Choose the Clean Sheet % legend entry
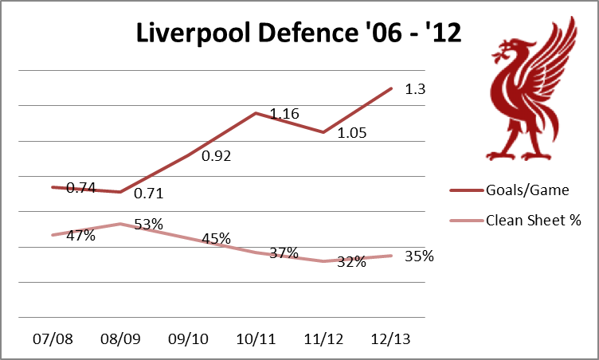[533, 221]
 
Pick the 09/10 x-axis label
[188, 339]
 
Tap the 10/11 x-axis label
[256, 339]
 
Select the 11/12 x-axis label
[323, 339]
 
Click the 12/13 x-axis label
[391, 339]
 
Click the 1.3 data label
[416, 90]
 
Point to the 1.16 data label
[284, 115]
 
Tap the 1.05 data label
[351, 133]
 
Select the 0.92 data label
[216, 156]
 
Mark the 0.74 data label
[80, 188]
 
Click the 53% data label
[148, 225]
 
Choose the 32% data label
[351, 261]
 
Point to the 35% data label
[419, 256]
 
